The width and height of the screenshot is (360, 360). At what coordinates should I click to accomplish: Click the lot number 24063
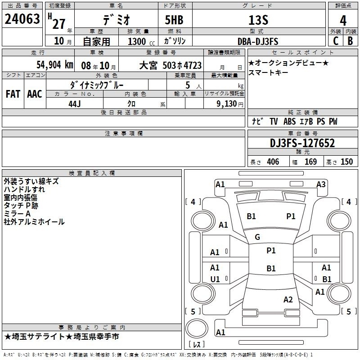coord(22,19)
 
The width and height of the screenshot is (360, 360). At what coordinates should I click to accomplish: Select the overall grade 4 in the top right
coord(343,21)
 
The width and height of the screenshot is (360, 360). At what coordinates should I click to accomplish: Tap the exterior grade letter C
coord(336,41)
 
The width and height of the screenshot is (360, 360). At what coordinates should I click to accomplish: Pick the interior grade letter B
coord(350,41)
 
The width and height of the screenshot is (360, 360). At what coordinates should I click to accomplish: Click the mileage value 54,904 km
coord(55,65)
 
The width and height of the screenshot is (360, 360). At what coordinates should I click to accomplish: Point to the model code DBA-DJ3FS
coord(258,41)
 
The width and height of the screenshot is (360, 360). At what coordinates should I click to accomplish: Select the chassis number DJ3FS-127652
coord(302,143)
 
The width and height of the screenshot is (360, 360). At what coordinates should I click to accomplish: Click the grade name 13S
coord(258,20)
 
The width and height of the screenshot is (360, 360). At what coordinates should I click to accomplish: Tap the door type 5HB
coord(174,20)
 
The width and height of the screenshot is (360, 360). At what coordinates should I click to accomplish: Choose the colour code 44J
coord(75,104)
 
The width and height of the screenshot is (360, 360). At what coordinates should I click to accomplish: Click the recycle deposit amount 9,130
coord(227,104)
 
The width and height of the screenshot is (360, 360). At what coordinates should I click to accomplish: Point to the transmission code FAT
coord(13,94)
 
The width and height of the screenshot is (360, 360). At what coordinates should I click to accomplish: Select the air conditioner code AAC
coord(35,94)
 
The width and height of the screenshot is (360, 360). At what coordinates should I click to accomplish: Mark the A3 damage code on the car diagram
coord(321,184)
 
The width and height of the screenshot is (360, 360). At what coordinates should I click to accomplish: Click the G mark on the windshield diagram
coord(257,237)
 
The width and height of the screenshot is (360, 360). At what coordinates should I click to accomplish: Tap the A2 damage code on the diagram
coord(288,300)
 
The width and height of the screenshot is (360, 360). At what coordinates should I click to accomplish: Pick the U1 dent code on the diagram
coord(215,279)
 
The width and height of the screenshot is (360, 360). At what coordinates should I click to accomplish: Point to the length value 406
coord(273,162)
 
